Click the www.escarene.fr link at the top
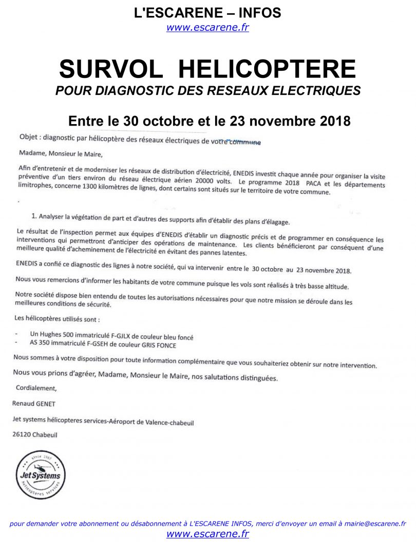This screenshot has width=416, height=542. click(207, 28)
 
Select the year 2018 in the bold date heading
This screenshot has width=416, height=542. click(333, 121)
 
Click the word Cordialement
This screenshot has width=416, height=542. click(36, 388)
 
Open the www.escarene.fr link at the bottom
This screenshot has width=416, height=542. click(207, 534)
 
